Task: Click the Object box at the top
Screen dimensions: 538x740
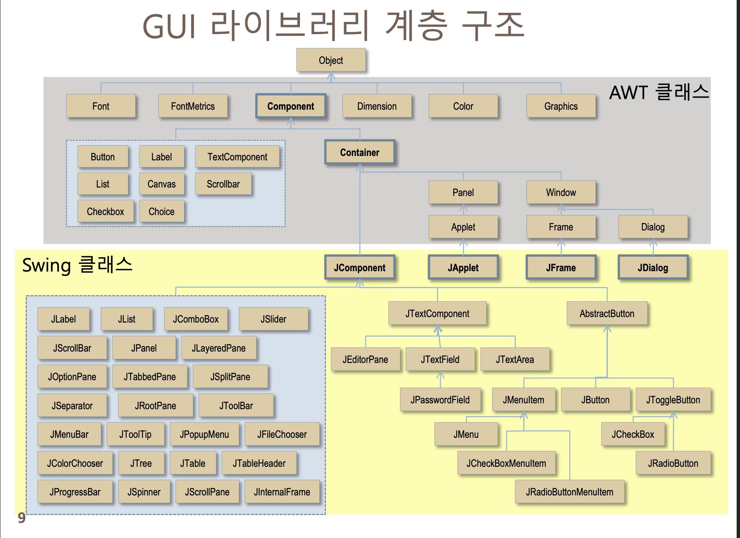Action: tap(331, 60)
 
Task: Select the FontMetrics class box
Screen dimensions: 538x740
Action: tap(193, 106)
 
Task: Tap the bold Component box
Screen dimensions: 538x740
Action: tap(291, 106)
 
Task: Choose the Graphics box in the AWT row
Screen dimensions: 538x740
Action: tap(561, 106)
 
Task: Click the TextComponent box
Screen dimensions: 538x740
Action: tap(237, 157)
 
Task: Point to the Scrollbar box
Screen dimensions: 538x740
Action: tap(223, 184)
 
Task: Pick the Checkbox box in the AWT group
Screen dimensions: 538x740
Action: tap(105, 211)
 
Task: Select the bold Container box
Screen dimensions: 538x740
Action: tap(359, 152)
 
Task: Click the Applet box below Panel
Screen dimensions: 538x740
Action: tap(463, 227)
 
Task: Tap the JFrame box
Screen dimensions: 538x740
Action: tap(561, 268)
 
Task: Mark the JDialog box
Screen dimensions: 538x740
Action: tap(653, 268)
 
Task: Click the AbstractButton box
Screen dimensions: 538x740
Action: tap(607, 313)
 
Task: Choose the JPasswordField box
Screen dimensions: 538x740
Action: tap(440, 400)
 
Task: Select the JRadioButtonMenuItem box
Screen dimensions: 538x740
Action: tap(569, 492)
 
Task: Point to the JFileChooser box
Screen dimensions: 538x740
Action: tap(282, 434)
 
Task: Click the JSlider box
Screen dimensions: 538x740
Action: tap(273, 319)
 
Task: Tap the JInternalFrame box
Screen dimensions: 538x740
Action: tap(282, 492)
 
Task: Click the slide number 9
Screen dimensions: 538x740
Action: tap(22, 518)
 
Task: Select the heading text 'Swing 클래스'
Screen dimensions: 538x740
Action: tap(77, 265)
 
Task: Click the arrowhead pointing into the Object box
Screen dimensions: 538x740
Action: tap(331, 76)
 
